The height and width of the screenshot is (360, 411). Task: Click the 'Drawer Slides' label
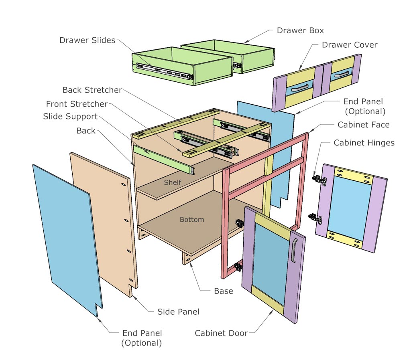[87, 40]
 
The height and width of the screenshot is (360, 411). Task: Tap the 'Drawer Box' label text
[300, 30]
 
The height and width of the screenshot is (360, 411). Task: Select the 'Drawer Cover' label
[350, 44]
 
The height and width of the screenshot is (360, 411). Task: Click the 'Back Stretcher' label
[92, 90]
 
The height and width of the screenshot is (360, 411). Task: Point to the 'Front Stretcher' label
[77, 104]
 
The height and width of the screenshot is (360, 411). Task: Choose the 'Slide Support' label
[70, 116]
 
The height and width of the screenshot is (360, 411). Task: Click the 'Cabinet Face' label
[363, 125]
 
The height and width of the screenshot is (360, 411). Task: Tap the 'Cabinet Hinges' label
[364, 143]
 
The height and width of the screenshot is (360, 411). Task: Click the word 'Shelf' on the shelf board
[173, 182]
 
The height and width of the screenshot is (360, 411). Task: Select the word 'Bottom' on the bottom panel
[192, 219]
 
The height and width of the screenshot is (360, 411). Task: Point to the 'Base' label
[224, 291]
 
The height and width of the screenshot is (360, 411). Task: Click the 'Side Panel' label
[178, 311]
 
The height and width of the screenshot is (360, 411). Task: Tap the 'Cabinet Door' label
[221, 333]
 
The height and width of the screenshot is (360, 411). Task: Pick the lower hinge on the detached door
[315, 218]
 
